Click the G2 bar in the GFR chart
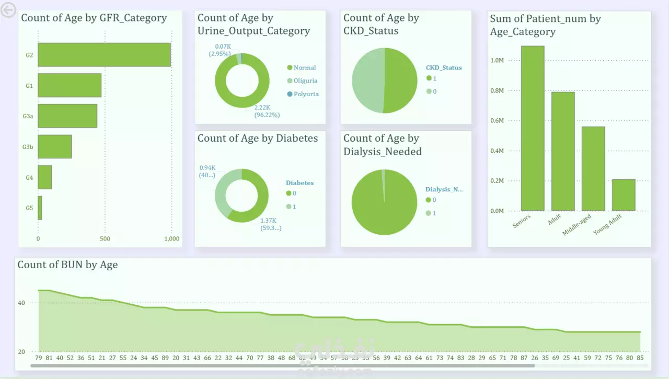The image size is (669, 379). click(104, 54)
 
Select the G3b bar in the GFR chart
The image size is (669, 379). click(54, 147)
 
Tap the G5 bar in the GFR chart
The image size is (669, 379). click(40, 208)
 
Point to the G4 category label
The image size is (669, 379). click(29, 178)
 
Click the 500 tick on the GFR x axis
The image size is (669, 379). click(105, 239)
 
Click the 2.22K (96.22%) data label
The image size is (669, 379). click(267, 111)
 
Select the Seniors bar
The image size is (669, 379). click(533, 128)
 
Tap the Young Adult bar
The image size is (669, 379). click(624, 195)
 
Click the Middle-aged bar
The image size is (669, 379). click(593, 168)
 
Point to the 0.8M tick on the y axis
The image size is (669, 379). click(497, 90)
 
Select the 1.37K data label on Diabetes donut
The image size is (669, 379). click(271, 224)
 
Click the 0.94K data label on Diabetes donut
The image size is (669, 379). click(207, 171)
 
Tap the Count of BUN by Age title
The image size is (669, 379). click(67, 265)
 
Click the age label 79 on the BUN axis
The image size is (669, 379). click(38, 358)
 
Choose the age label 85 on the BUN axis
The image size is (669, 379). click(640, 358)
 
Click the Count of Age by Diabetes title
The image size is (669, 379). click(257, 139)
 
